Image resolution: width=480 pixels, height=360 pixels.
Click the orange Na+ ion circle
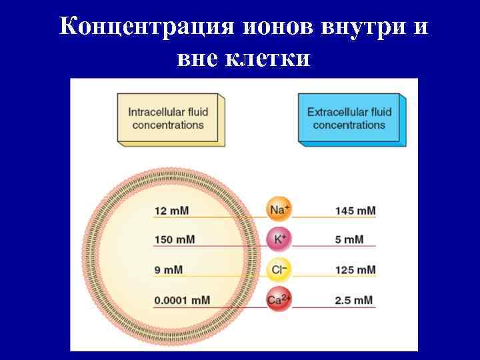(x=279, y=210)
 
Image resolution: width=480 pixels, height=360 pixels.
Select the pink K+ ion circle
(x=279, y=239)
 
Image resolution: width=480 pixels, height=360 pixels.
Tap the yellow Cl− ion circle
(x=279, y=270)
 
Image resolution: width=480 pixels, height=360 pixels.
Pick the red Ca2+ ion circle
(x=279, y=300)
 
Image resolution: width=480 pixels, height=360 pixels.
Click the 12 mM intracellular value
(x=171, y=211)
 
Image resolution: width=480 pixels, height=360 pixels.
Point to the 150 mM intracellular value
(x=175, y=240)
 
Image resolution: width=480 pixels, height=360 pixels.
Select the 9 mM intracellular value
(x=168, y=270)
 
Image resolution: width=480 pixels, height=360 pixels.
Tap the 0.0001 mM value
(x=182, y=300)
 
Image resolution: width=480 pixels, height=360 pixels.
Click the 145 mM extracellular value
(x=355, y=211)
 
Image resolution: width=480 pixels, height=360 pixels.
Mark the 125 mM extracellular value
(x=355, y=270)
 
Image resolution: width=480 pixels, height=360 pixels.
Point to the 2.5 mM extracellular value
(x=355, y=300)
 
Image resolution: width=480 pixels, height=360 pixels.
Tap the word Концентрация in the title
(x=145, y=27)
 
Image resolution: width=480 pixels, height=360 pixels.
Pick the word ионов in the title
(x=276, y=27)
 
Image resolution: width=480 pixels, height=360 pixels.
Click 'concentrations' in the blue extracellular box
(x=349, y=125)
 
